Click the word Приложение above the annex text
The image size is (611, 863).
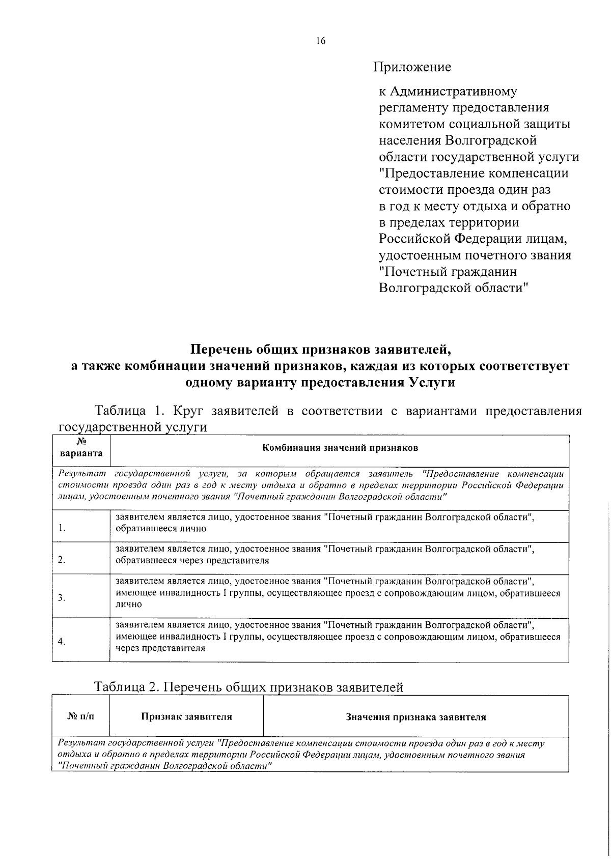[x=412, y=67]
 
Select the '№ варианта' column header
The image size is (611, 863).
[x=81, y=448]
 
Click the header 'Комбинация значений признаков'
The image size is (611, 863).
[x=340, y=448]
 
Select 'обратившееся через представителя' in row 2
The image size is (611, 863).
[x=192, y=561]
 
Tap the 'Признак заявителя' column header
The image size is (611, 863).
[x=186, y=717]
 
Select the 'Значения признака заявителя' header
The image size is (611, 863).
[x=416, y=717]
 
